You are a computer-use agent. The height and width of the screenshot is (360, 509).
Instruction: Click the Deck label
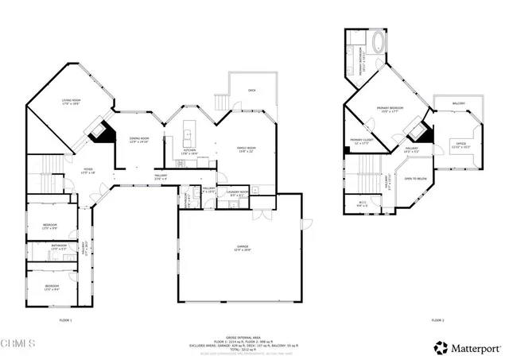click(x=251, y=91)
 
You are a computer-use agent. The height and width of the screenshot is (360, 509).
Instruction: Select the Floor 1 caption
click(x=66, y=319)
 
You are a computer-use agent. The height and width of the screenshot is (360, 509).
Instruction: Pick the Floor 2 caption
click(x=437, y=319)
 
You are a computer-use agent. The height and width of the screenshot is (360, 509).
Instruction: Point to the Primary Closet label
click(x=360, y=141)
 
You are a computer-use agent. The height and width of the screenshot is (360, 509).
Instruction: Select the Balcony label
click(x=458, y=103)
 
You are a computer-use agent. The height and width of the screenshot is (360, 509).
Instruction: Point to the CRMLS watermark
click(x=18, y=343)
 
